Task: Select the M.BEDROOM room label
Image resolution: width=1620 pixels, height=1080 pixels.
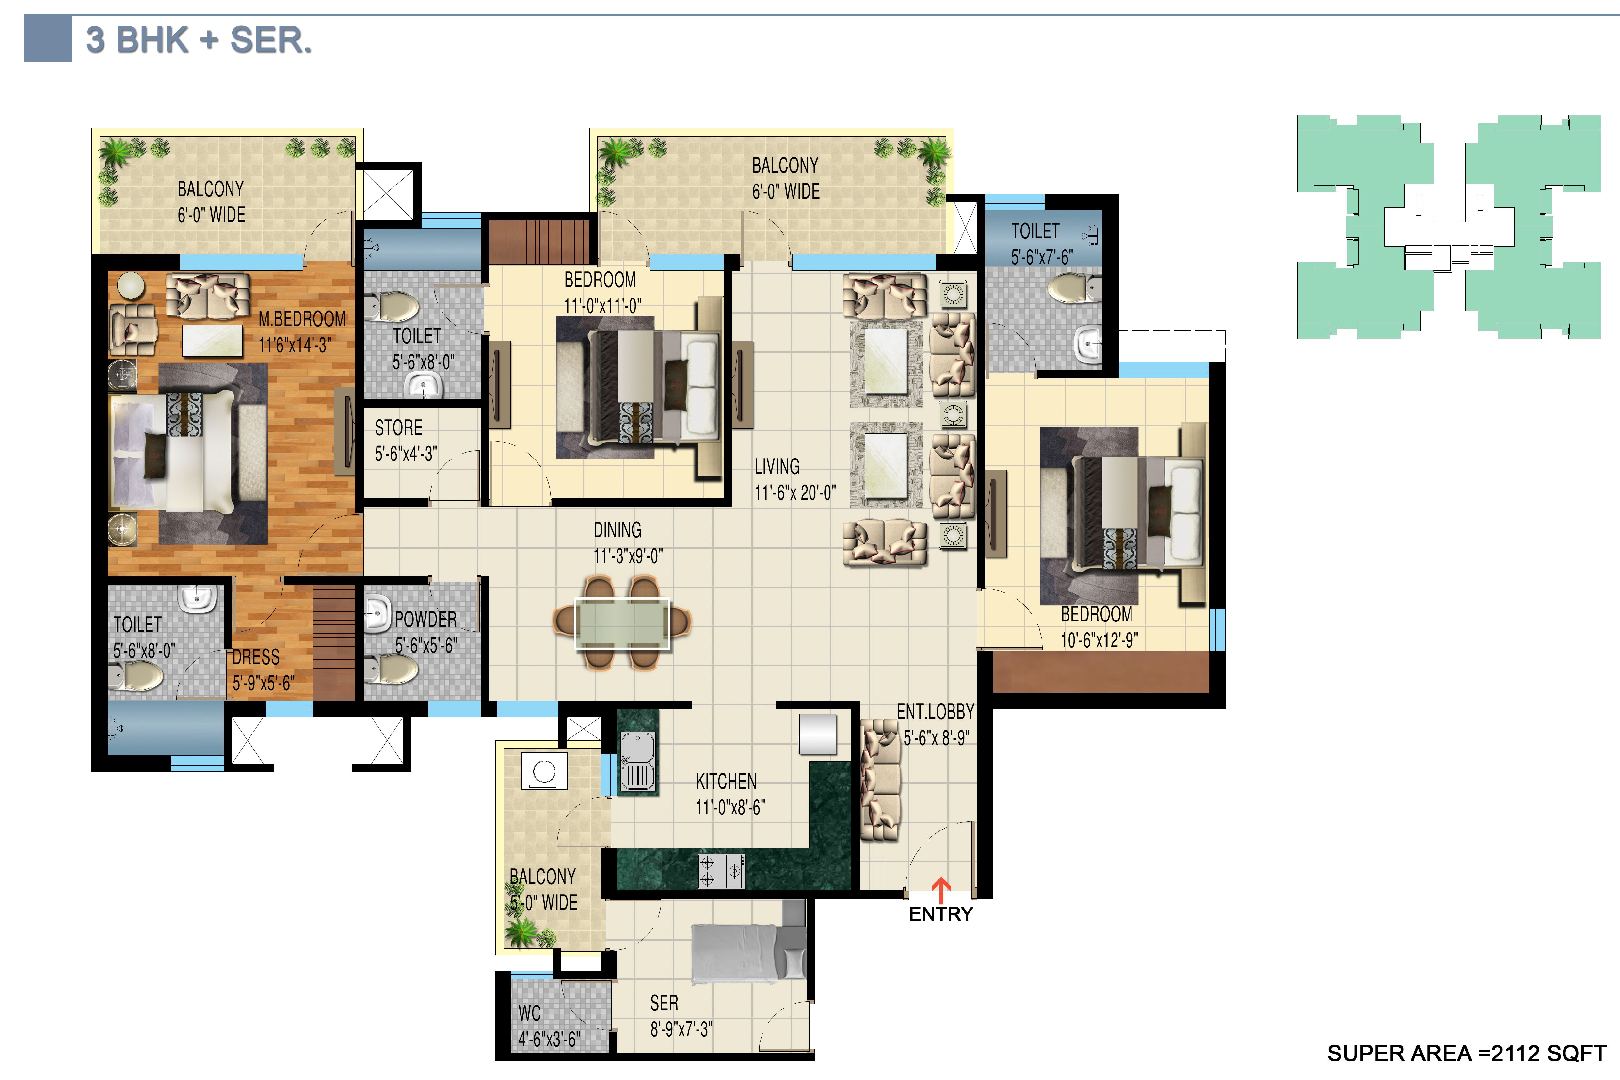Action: tap(302, 319)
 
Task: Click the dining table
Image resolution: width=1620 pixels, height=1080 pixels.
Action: tap(622, 623)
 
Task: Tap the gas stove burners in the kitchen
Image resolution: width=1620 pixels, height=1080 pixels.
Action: tap(721, 871)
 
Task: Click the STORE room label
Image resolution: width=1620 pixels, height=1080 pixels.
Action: tap(399, 428)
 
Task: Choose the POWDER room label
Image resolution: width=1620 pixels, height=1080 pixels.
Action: tap(426, 619)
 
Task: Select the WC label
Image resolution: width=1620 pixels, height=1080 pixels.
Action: tap(530, 1013)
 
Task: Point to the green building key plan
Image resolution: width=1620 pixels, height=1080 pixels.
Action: tap(1449, 227)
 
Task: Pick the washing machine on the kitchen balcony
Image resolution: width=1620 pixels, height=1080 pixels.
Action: tap(544, 770)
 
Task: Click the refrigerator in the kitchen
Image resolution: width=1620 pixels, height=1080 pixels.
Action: tap(818, 734)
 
